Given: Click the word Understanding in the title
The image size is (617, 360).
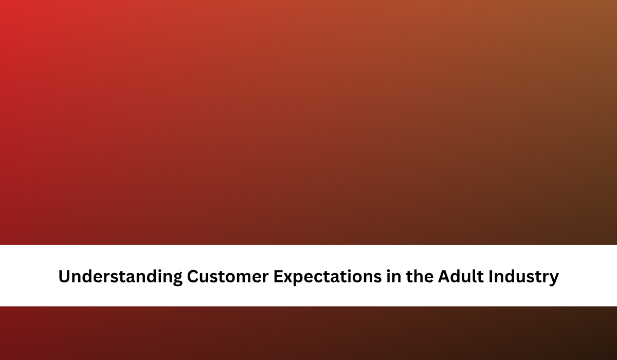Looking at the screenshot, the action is click(120, 277).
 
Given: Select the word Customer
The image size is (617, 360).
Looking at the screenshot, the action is click(227, 276).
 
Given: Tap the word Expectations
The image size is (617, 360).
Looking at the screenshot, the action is click(328, 277).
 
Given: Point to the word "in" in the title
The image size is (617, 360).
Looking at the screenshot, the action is click(394, 276).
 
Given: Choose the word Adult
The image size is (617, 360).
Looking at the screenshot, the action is click(461, 276).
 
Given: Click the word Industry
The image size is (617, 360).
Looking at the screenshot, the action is click(523, 277).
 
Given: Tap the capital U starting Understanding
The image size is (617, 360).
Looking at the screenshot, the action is click(64, 276).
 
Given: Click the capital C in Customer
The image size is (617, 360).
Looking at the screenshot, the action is click(193, 276).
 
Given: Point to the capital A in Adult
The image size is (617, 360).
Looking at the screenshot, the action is click(445, 276).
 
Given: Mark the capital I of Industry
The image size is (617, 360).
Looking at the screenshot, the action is click(491, 276).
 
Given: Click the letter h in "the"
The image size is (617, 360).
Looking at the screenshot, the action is click(418, 276).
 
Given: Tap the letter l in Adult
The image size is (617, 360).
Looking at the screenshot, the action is click(474, 276).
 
